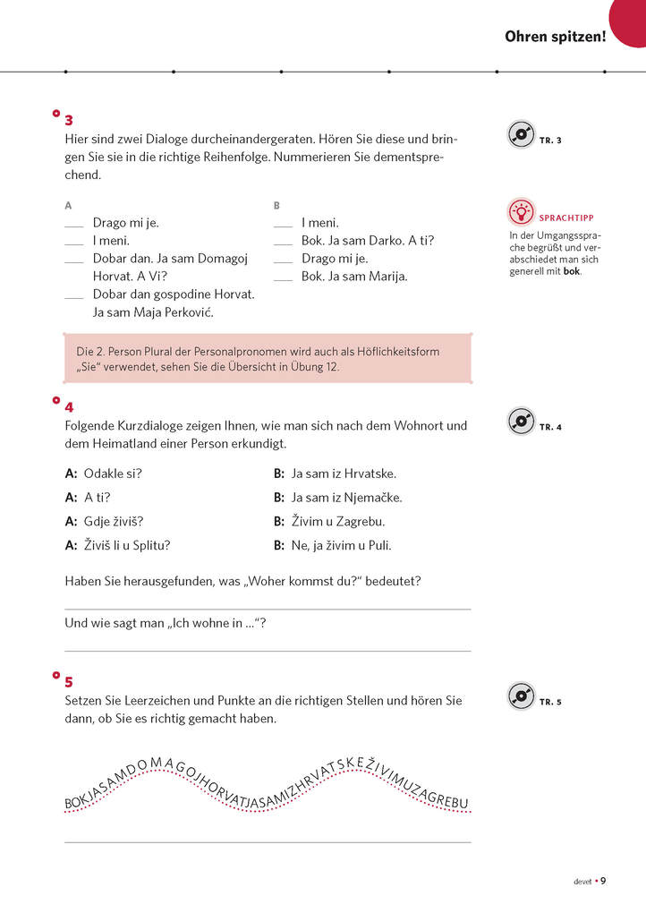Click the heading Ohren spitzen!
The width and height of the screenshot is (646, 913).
(555, 37)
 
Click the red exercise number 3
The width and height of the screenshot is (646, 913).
(69, 121)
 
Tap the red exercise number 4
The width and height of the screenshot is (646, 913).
(69, 406)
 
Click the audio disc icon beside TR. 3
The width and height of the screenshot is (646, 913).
(521, 135)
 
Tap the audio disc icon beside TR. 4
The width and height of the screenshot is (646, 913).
(521, 421)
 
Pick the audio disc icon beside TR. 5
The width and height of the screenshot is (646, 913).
(521, 695)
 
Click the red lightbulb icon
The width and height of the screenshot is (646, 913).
(520, 212)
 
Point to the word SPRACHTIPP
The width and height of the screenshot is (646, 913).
(566, 218)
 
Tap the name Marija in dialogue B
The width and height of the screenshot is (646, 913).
(387, 277)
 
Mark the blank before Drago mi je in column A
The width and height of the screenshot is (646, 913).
(74, 225)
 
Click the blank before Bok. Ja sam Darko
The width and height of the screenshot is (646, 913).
(283, 243)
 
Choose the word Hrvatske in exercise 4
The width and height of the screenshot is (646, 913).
(370, 474)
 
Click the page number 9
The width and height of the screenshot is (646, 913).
(603, 881)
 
